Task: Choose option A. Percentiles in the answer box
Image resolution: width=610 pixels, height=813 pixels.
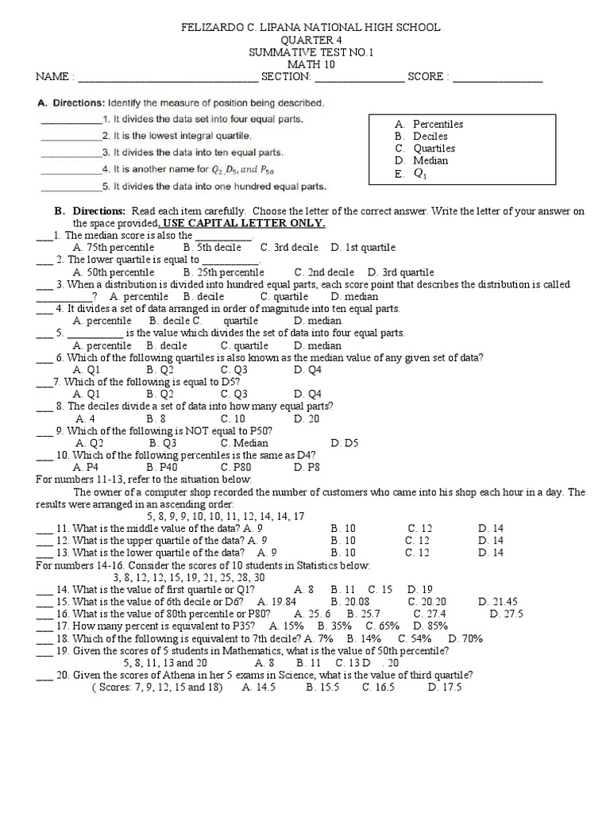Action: pyautogui.click(x=428, y=125)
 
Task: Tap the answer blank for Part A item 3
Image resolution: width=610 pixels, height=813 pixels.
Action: pyautogui.click(x=69, y=152)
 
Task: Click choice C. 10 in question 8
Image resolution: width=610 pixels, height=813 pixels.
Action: pyautogui.click(x=233, y=418)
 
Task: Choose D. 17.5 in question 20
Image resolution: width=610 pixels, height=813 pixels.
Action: pyautogui.click(x=444, y=687)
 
